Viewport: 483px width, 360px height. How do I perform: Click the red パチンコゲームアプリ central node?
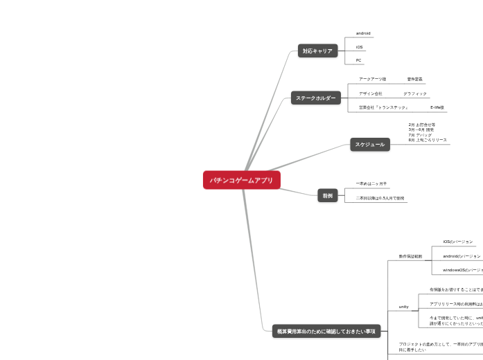[x=242, y=180]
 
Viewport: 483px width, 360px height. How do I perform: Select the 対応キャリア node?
[x=317, y=51]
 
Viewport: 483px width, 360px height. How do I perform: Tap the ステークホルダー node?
[x=315, y=98]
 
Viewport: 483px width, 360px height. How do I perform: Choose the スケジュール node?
[x=370, y=144]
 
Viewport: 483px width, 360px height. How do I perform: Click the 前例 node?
[x=326, y=196]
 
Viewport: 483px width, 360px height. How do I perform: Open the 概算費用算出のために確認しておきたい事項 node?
[x=325, y=332]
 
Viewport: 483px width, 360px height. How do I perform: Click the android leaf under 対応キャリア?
[x=363, y=33]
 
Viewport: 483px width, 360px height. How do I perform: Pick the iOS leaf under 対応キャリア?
[x=359, y=47]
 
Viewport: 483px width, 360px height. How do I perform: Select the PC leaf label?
[x=358, y=60]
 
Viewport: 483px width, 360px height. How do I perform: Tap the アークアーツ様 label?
[x=372, y=79]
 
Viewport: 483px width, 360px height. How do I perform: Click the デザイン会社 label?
[x=370, y=93]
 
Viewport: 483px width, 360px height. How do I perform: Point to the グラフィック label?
[x=414, y=93]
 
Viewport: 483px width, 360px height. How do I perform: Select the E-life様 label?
[x=437, y=107]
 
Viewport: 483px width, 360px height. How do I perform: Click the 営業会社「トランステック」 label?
[x=383, y=107]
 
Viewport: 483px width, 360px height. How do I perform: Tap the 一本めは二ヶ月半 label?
[x=371, y=183]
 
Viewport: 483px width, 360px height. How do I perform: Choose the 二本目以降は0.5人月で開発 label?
[x=380, y=198]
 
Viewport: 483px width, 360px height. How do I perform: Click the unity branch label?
[x=403, y=306]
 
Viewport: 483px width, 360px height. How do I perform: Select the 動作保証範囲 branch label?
[x=410, y=256]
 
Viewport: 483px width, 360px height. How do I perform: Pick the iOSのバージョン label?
[x=457, y=242]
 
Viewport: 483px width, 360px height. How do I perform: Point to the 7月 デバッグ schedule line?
[x=420, y=134]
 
